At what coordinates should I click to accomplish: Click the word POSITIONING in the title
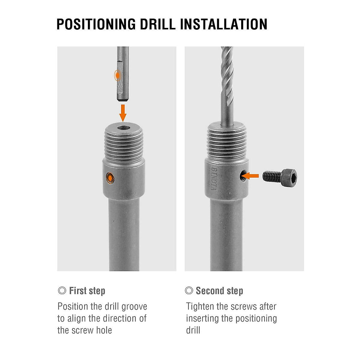click(x=96, y=24)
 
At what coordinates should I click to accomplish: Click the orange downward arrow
click(x=123, y=113)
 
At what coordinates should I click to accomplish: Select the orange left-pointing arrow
click(x=250, y=176)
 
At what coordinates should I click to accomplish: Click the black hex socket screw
click(x=280, y=176)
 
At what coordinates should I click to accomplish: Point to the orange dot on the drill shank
click(x=118, y=75)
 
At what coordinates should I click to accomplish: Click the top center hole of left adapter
click(x=123, y=128)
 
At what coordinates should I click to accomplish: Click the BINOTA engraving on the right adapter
click(x=214, y=178)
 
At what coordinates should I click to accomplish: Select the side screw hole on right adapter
click(x=242, y=176)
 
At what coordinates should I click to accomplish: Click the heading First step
click(x=87, y=291)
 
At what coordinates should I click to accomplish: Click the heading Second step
click(x=219, y=291)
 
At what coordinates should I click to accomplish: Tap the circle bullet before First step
click(x=62, y=291)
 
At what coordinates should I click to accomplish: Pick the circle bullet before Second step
click(x=189, y=291)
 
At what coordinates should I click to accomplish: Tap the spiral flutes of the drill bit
click(x=227, y=75)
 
